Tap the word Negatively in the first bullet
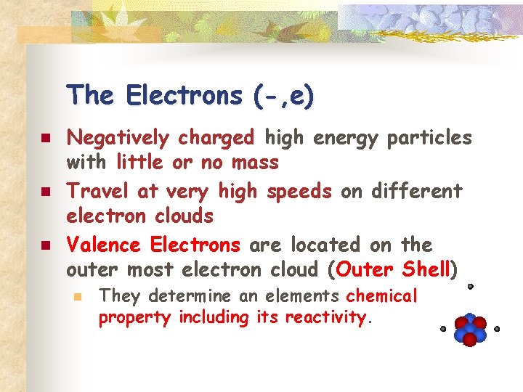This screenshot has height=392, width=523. [x=115, y=137]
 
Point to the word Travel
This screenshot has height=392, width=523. [x=97, y=191]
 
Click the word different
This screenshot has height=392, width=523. [x=416, y=191]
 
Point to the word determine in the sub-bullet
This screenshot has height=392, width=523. [x=195, y=296]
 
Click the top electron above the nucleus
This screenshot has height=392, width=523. [x=470, y=287]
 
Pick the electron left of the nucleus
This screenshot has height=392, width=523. [x=443, y=329]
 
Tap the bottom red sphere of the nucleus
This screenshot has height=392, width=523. [x=470, y=339]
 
